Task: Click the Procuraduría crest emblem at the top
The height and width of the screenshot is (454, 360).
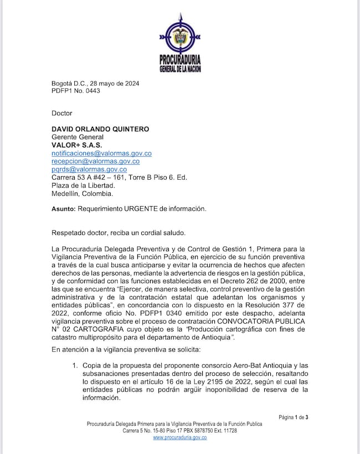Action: [x=179, y=38]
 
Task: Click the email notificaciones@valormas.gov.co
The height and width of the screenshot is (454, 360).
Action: [x=101, y=153]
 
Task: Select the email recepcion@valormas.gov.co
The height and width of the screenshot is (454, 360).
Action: [x=95, y=161]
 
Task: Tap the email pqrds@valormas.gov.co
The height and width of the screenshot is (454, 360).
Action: [x=89, y=169]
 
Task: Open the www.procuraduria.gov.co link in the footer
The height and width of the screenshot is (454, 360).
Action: [x=179, y=437]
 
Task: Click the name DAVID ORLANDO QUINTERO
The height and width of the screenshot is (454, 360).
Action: [x=101, y=129]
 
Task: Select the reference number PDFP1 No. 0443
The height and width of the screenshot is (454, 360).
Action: [x=76, y=91]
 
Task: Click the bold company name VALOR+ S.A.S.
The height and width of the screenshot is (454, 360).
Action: [x=76, y=145]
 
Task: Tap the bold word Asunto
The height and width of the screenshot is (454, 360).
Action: [x=63, y=209]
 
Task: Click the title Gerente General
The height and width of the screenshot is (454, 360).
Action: [x=78, y=137]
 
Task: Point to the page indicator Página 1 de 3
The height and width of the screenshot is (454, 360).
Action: [x=293, y=417]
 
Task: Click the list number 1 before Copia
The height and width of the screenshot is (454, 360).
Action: [x=75, y=365]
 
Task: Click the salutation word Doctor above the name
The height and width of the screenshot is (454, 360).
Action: [x=62, y=113]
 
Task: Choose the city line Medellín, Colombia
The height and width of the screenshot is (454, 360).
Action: [x=82, y=193]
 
